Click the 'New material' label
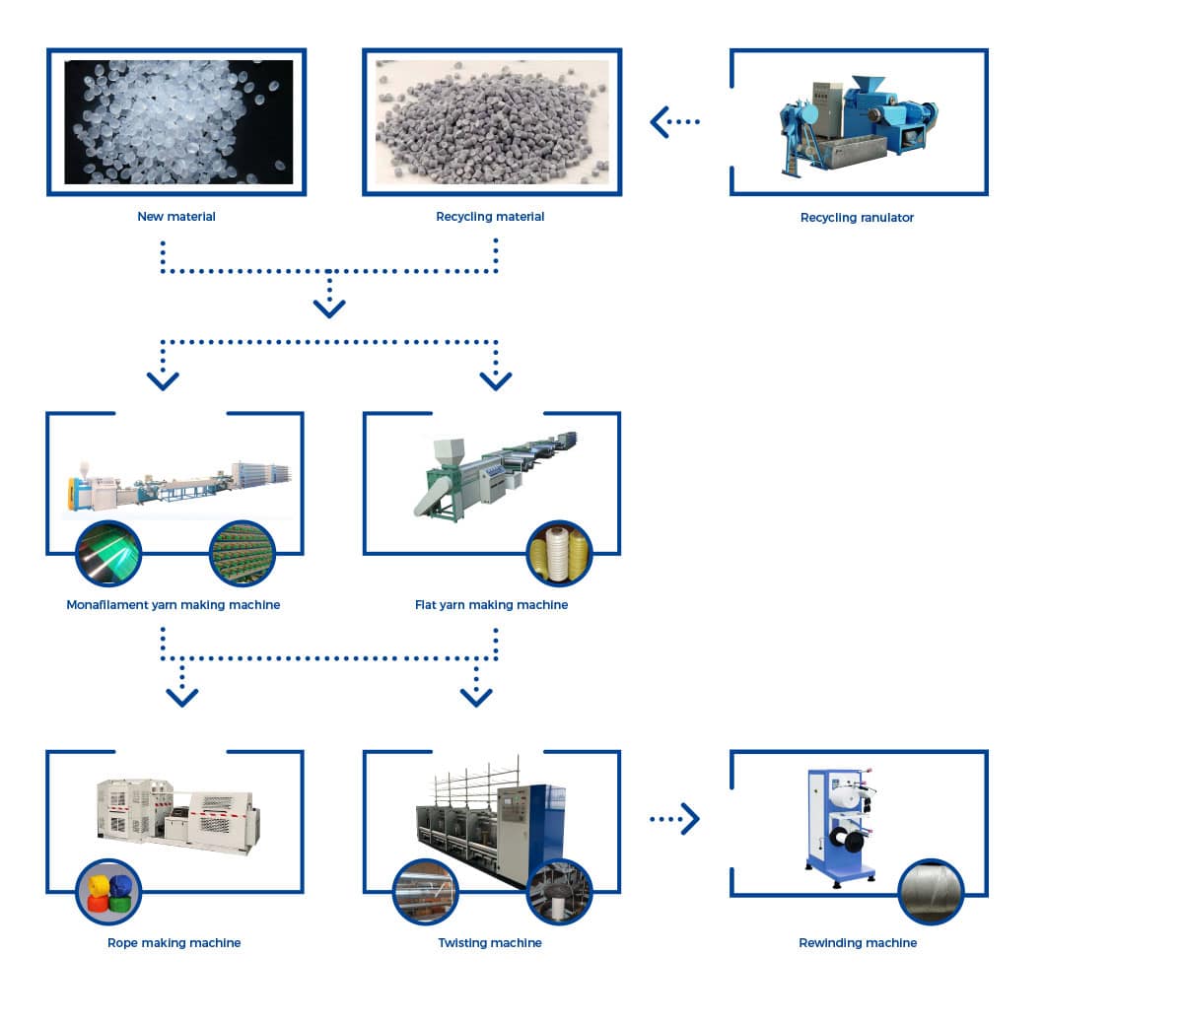click(175, 217)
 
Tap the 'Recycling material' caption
click(490, 217)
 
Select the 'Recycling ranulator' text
click(857, 218)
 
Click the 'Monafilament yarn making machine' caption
click(173, 605)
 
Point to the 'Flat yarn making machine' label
click(491, 605)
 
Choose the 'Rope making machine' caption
click(174, 943)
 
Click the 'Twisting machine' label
click(490, 943)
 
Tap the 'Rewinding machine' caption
click(858, 943)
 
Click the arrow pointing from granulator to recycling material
click(674, 122)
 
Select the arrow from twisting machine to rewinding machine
click(675, 819)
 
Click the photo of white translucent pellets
click(178, 122)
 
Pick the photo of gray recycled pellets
click(492, 122)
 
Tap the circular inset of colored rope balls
click(109, 891)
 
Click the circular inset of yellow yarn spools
click(559, 553)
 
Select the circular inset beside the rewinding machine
click(931, 891)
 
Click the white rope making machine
click(178, 814)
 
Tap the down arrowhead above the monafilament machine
click(163, 380)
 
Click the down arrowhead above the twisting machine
click(476, 697)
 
